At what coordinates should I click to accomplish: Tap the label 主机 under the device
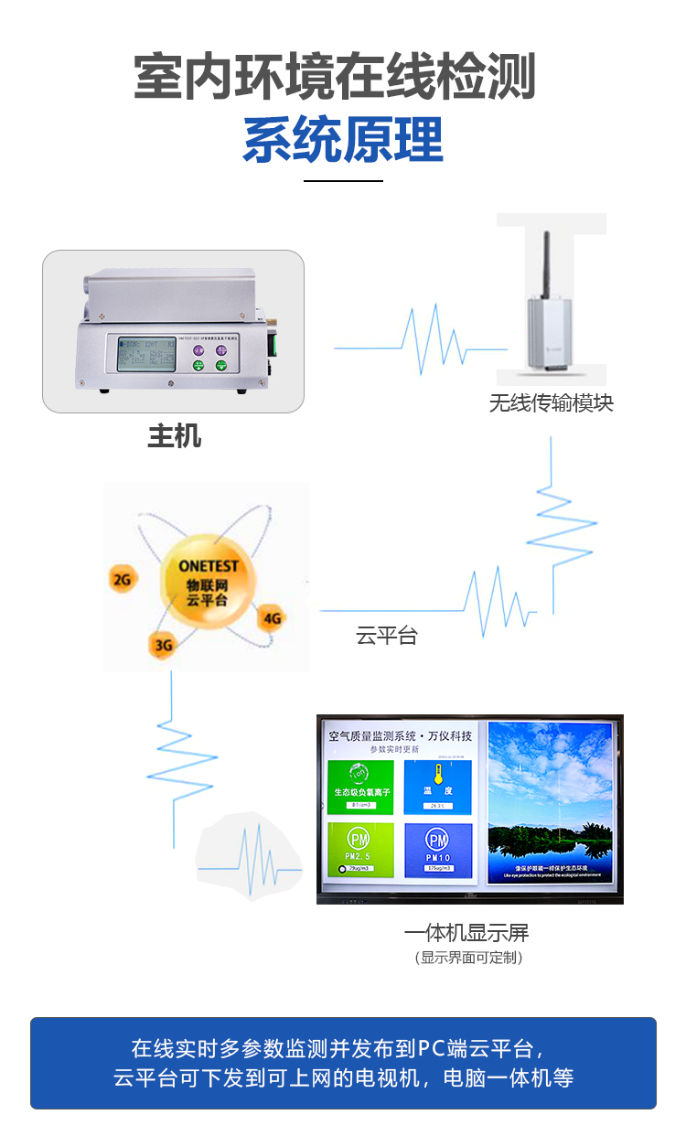[x=174, y=436]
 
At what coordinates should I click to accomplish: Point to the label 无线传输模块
[x=552, y=402]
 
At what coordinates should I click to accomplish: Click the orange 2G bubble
[x=121, y=578]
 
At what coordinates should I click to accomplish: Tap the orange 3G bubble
[x=163, y=645]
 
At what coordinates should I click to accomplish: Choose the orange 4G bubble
[x=272, y=618]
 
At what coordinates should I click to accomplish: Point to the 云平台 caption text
[x=387, y=636]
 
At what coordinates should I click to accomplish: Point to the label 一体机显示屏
[x=466, y=933]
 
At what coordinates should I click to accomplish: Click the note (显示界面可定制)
[x=468, y=958]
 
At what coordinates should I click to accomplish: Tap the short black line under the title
[x=343, y=181]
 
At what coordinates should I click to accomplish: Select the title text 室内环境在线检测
[x=335, y=77]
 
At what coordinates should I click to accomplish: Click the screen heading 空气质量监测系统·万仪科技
[x=400, y=735]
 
